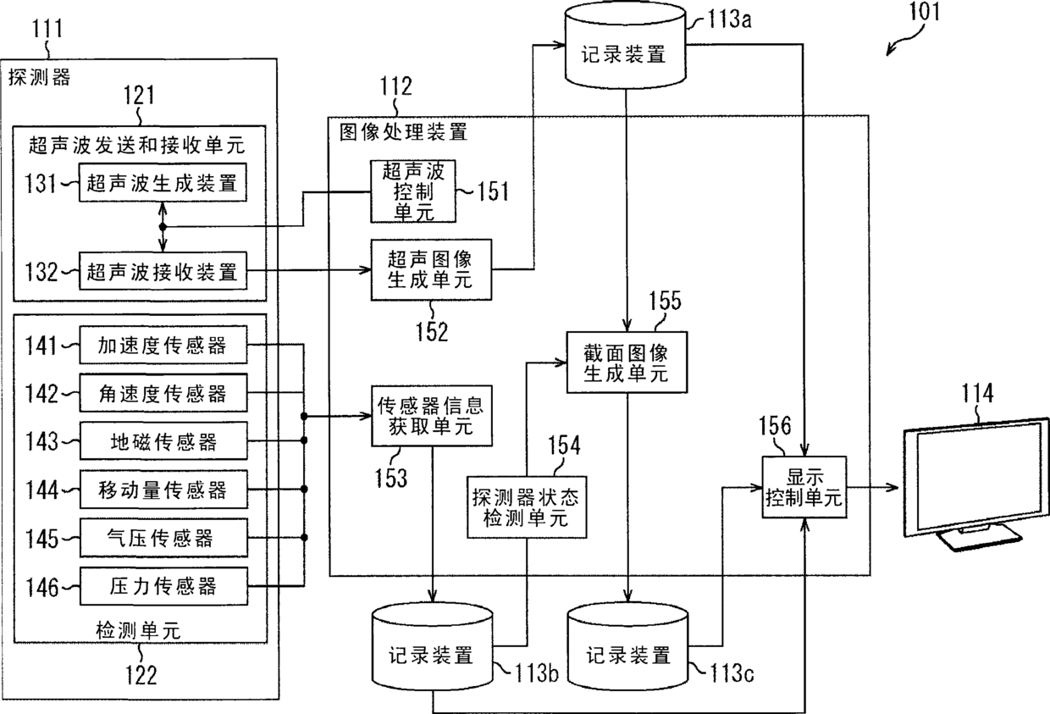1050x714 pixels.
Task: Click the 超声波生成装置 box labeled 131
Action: click(x=163, y=182)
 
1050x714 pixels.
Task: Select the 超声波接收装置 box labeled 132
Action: click(x=163, y=271)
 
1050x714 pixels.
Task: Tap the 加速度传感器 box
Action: click(x=163, y=345)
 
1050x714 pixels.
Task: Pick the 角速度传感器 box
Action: click(x=163, y=393)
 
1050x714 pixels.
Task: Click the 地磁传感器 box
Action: click(x=163, y=441)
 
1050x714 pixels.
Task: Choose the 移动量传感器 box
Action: click(x=163, y=490)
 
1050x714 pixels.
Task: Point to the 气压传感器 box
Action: click(x=163, y=538)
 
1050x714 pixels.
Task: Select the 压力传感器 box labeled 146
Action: click(x=163, y=586)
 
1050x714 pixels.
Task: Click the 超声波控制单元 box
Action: click(x=413, y=191)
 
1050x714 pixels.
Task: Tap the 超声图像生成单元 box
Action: click(x=431, y=269)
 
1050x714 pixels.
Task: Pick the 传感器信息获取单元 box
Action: click(x=432, y=416)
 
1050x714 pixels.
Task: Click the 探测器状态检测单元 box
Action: click(x=527, y=507)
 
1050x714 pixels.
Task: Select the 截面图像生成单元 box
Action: click(x=627, y=362)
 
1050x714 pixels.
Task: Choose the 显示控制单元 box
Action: click(x=804, y=487)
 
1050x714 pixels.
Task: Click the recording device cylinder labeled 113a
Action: click(x=625, y=46)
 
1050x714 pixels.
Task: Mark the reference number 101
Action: click(x=925, y=12)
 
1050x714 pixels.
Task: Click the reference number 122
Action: click(x=141, y=676)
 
